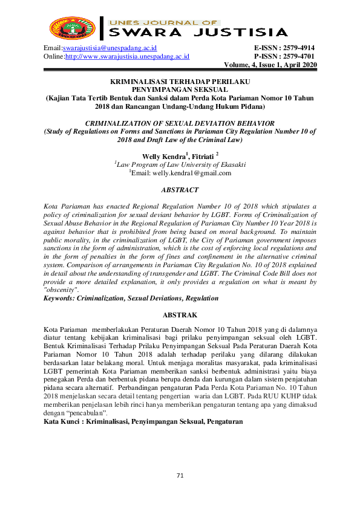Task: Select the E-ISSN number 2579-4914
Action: pyautogui.click(x=298, y=48)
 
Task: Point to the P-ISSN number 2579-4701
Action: pyautogui.click(x=298, y=57)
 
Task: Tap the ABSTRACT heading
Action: pyautogui.click(x=180, y=190)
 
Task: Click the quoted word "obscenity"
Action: pyautogui.click(x=61, y=290)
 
